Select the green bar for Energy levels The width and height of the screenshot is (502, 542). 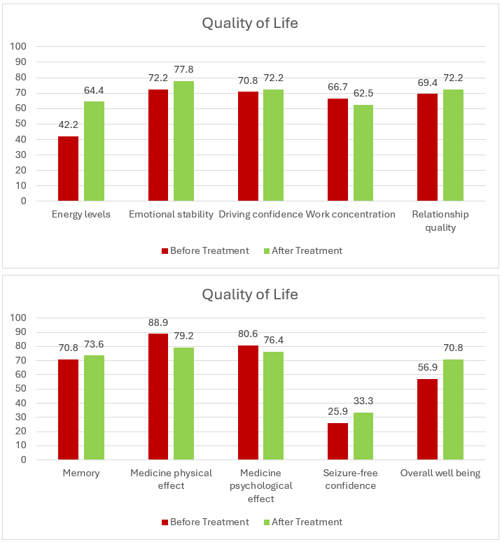[94, 151]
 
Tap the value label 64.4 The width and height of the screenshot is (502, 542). [94, 91]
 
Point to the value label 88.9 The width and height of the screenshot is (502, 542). [158, 323]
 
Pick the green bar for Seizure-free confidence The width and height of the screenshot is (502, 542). [363, 436]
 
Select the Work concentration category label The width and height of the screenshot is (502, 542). [351, 214]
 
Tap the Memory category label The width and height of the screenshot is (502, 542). [81, 473]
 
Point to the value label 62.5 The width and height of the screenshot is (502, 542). [363, 94]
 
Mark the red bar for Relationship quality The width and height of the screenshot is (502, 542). [427, 148]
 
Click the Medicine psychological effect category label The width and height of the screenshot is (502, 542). [260, 485]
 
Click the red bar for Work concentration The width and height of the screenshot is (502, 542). [337, 150]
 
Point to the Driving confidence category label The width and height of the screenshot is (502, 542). [260, 214]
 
